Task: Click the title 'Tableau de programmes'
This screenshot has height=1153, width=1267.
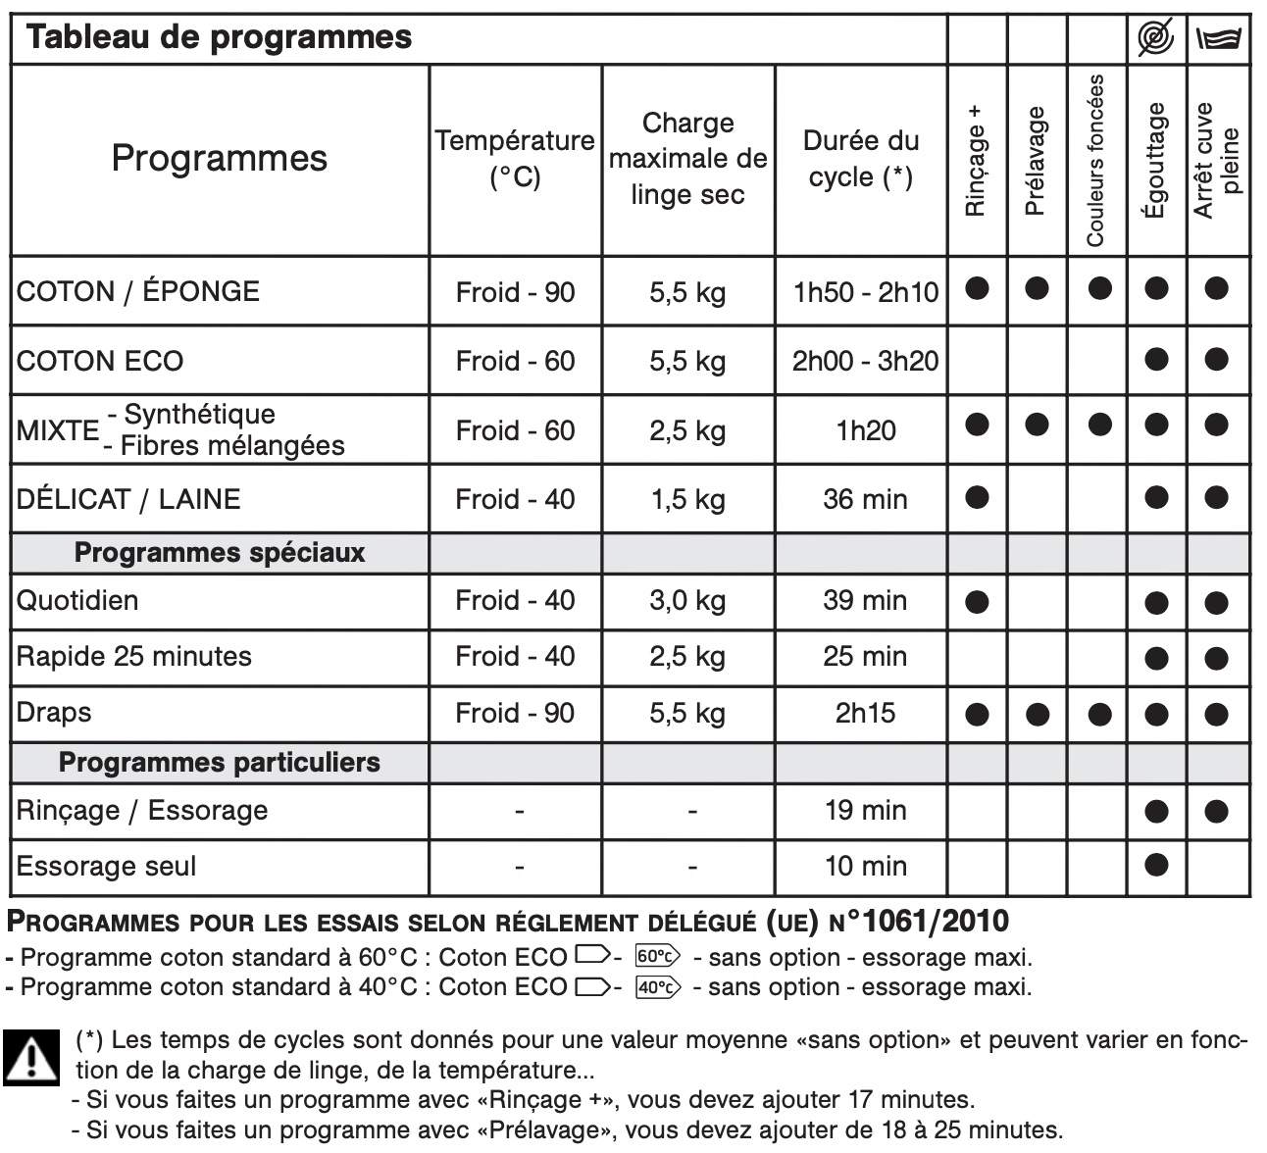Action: [x=219, y=38]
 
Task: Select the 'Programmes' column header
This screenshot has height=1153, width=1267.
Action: [x=219, y=158]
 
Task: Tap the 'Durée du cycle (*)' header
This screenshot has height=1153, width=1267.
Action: [x=860, y=158]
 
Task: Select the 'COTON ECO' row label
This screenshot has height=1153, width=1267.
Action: [x=100, y=361]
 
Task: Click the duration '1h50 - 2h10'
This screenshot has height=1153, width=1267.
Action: [x=865, y=292]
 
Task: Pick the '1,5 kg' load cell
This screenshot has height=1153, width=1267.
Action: [x=687, y=499]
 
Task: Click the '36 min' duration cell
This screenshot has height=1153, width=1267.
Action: [x=865, y=499]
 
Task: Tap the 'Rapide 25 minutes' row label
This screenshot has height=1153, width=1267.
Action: [x=134, y=656]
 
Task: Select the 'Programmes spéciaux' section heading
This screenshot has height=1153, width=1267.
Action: [x=220, y=553]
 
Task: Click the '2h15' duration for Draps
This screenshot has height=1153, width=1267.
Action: [x=865, y=713]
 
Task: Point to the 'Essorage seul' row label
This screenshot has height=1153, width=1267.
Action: [x=107, y=867]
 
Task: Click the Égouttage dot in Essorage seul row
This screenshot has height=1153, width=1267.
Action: [x=1156, y=865]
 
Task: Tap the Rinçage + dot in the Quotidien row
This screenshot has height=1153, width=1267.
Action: [x=977, y=602]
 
